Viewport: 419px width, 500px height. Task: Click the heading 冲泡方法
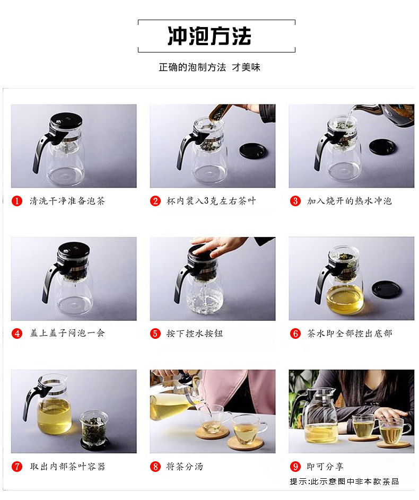209,36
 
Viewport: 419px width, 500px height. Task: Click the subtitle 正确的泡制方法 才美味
210,67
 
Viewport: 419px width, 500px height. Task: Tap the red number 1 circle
18,201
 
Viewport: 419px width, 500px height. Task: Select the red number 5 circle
155,334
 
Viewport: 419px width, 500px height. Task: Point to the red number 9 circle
295,467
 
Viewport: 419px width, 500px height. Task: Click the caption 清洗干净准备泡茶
67,201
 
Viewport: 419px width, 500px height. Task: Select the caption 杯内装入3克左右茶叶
211,201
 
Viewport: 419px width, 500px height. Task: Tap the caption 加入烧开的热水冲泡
349,201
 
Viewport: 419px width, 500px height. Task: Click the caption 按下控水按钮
195,334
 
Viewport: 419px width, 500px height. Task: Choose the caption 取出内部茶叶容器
67,467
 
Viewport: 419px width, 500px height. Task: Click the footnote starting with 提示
344,481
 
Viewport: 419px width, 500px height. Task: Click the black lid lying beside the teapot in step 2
253,151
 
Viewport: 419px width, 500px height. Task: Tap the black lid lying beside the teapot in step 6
386,289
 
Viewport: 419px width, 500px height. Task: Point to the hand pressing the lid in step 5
217,245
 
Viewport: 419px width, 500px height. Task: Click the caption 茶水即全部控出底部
349,334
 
